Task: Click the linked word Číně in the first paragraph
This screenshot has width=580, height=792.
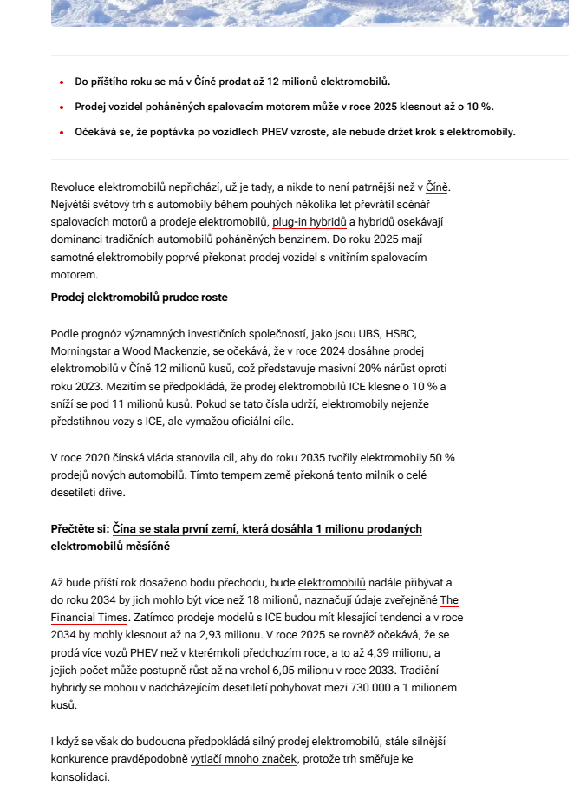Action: pos(438,187)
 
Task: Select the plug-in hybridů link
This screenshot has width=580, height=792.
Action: pos(310,221)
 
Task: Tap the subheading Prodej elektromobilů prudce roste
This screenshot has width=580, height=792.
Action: pos(139,298)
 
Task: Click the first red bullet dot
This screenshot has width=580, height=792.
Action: pos(62,82)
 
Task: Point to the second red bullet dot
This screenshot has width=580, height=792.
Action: pos(62,108)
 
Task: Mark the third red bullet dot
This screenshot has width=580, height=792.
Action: pos(62,133)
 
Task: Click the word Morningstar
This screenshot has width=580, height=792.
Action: pos(84,351)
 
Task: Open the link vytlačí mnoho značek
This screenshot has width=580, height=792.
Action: pos(244,759)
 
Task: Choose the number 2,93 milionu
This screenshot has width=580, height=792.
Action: pos(210,634)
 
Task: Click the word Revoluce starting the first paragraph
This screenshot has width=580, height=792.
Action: pos(75,187)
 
